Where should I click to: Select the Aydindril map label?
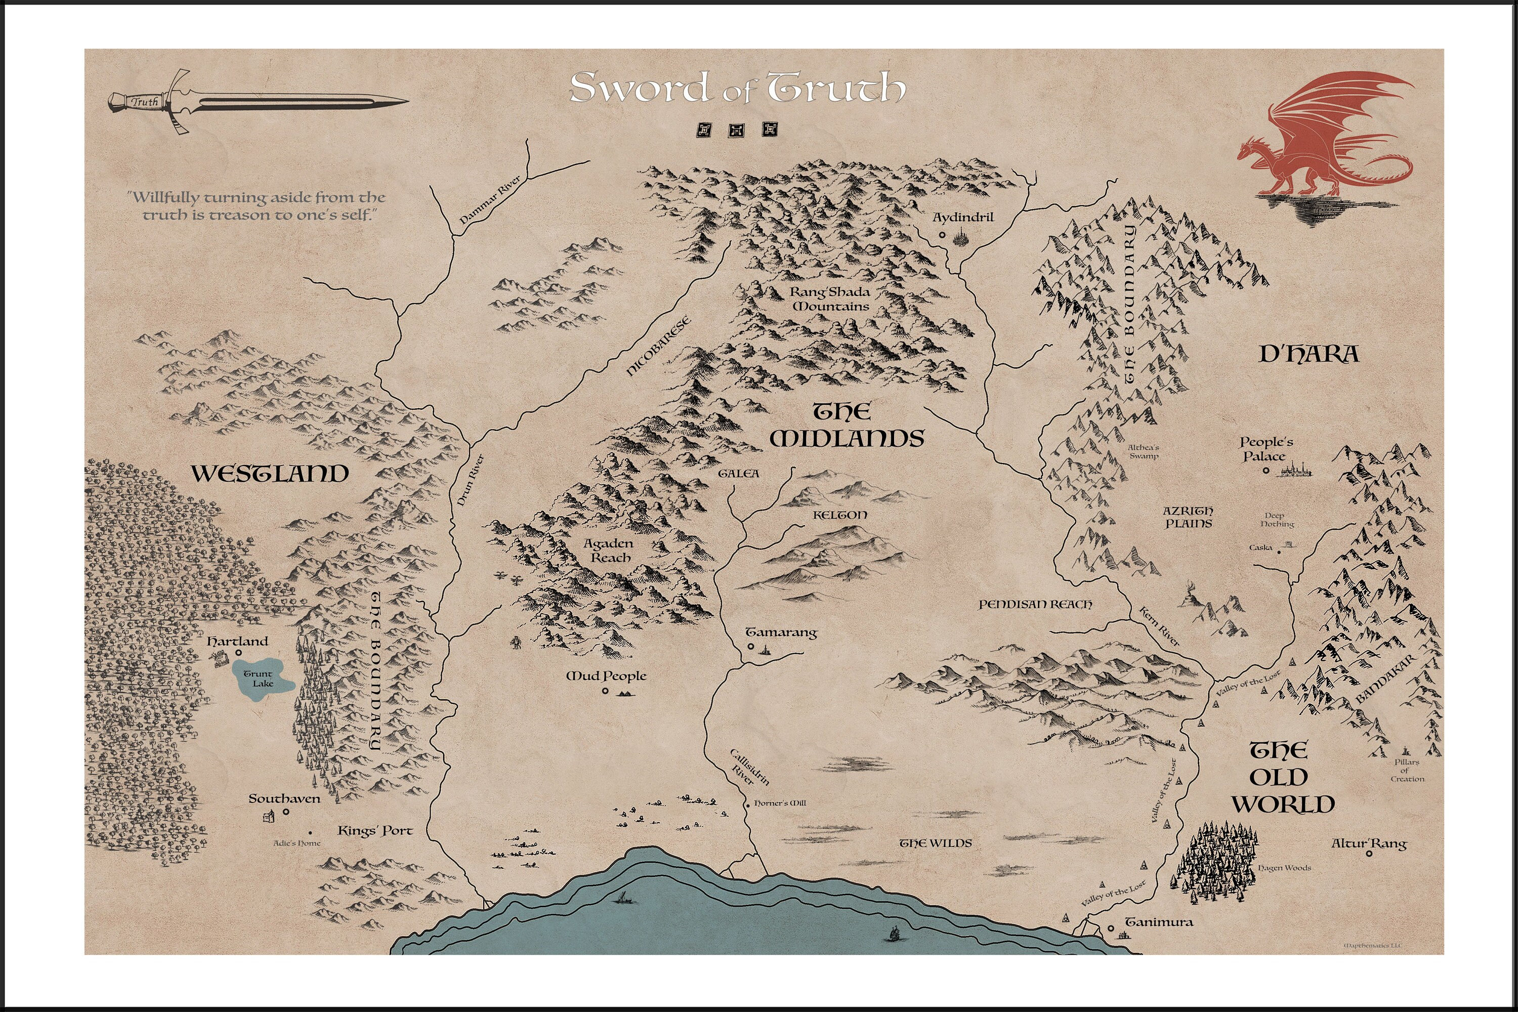[963, 218]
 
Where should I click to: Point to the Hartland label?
[237, 642]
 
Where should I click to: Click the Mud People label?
[606, 676]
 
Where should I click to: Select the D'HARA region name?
[1309, 354]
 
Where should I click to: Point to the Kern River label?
[1159, 625]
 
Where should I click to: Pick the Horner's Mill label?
[780, 804]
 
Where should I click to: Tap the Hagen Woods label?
[1284, 868]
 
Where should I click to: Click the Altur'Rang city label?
[1369, 844]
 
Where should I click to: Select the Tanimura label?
[1159, 922]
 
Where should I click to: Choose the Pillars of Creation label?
[1407, 770]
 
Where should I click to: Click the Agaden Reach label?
[608, 550]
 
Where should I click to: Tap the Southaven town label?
[284, 799]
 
